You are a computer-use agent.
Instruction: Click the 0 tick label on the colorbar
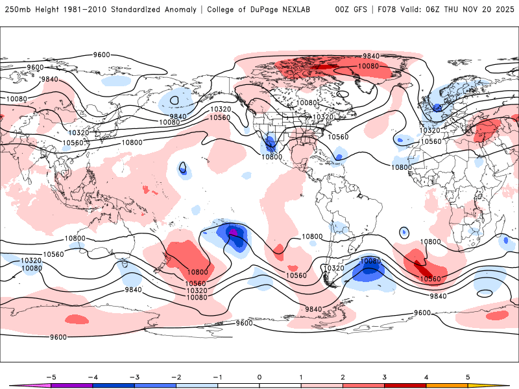[259, 377]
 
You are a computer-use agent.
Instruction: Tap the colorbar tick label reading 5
[468, 377]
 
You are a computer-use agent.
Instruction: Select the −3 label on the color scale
[134, 377]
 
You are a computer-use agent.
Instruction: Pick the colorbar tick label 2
[343, 377]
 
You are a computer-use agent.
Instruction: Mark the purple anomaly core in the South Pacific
[233, 232]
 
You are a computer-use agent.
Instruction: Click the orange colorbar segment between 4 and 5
[447, 385]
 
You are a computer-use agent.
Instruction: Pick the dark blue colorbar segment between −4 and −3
[114, 385]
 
